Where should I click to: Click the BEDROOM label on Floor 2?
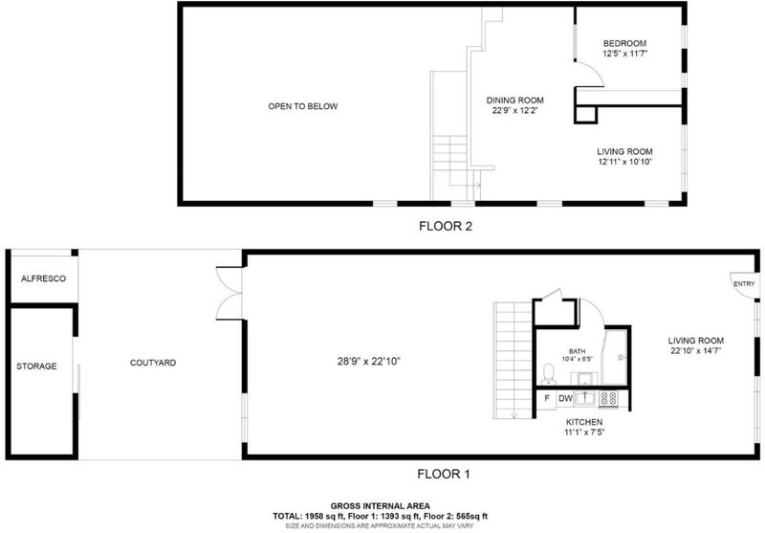624,43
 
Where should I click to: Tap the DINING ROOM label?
514,100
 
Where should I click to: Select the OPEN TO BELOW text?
303,106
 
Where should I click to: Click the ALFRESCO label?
43,278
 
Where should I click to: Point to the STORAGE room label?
36,366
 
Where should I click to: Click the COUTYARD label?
153,363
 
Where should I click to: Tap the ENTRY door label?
744,283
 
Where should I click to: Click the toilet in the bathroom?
549,374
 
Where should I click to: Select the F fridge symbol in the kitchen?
547,398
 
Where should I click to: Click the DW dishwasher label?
565,398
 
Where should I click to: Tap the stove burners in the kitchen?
608,398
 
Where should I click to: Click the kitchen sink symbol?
584,398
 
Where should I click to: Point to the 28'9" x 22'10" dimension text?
369,362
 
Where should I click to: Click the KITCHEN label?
584,422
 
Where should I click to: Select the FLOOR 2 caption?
446,226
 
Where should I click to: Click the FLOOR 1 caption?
444,474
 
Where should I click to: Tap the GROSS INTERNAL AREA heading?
380,506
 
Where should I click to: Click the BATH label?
578,351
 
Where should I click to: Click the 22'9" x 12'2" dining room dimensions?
514,111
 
